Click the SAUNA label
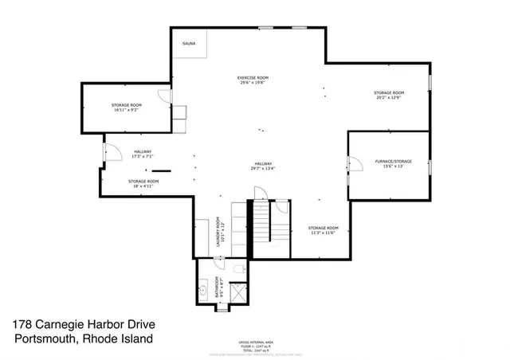(189, 43)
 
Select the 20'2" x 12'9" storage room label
(389, 96)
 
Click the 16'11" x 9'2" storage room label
(126, 108)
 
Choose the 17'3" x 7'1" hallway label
(143, 154)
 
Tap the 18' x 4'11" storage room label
(143, 183)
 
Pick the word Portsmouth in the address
(49, 338)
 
